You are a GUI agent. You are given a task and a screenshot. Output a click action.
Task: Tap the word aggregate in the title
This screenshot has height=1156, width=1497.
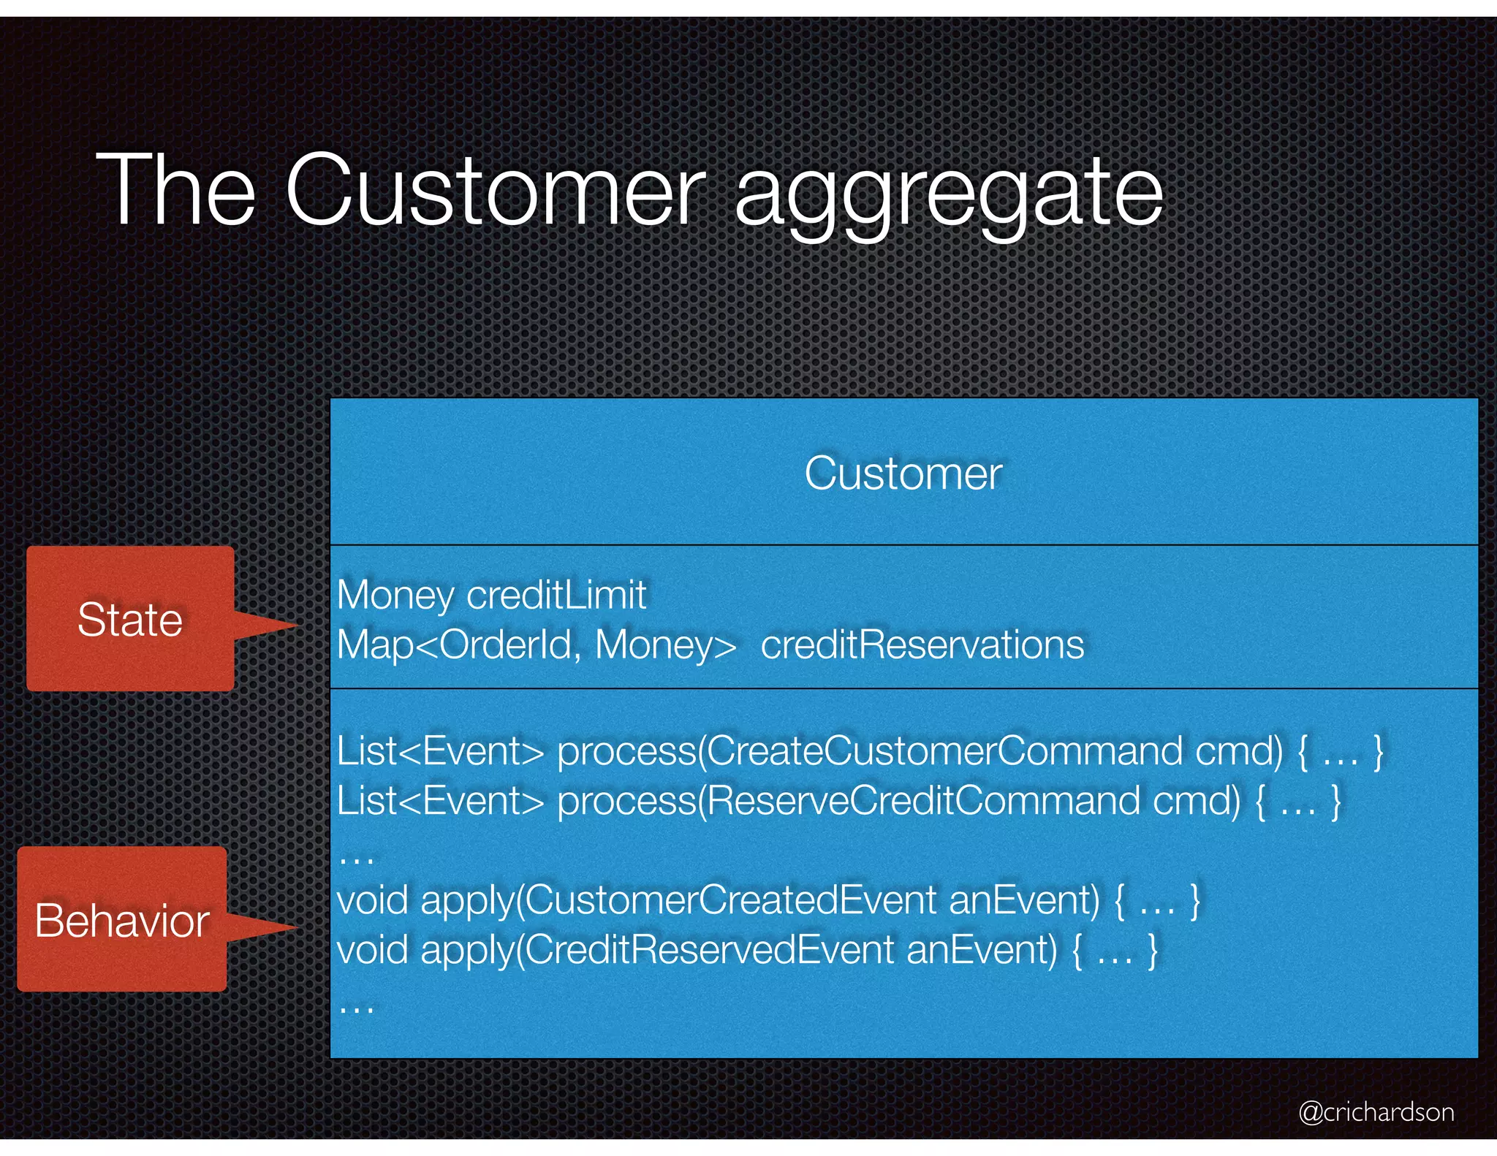(948, 191)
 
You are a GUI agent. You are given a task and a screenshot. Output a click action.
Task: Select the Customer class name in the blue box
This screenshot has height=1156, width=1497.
(903, 474)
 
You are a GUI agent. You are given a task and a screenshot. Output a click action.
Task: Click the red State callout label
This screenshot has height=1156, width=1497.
(130, 619)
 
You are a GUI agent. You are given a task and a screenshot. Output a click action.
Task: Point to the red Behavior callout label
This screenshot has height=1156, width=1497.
(122, 920)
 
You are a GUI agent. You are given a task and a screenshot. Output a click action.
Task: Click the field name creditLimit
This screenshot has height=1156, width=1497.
(556, 595)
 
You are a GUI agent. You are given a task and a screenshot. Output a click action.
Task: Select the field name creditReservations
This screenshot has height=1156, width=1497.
(922, 645)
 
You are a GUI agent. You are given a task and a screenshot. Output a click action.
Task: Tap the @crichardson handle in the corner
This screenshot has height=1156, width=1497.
(1376, 1111)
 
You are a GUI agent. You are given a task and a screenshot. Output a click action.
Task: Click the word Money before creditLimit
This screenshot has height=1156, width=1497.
(395, 596)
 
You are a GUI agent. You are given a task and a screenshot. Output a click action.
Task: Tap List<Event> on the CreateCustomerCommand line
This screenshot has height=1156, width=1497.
(440, 751)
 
